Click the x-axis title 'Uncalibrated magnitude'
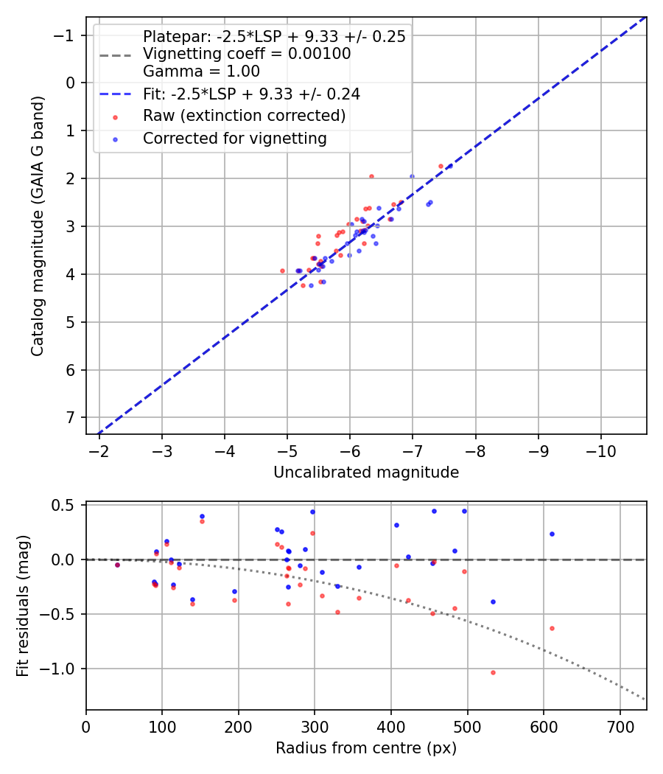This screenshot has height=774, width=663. pyautogui.click(x=366, y=473)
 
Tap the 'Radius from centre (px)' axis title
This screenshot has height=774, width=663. pyautogui.click(x=366, y=748)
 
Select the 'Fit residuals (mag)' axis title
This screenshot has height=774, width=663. pyautogui.click(x=23, y=606)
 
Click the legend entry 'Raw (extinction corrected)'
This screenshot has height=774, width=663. pyautogui.click(x=244, y=116)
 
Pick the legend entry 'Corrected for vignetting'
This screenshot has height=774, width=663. pyautogui.click(x=234, y=138)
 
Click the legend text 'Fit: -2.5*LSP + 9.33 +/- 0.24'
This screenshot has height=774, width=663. pyautogui.click(x=251, y=94)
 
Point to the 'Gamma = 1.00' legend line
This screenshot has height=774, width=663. pyautogui.click(x=201, y=72)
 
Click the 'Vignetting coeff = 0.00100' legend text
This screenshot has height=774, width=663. pyautogui.click(x=247, y=54)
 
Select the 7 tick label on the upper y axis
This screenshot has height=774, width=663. pyautogui.click(x=71, y=418)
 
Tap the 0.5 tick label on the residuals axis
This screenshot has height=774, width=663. pyautogui.click(x=65, y=505)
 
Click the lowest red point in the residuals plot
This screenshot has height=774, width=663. pyautogui.click(x=493, y=672)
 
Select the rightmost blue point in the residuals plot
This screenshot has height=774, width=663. pyautogui.click(x=552, y=534)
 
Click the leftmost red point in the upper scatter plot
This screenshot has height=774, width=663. pyautogui.click(x=282, y=271)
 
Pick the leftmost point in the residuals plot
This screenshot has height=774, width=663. pyautogui.click(x=117, y=565)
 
